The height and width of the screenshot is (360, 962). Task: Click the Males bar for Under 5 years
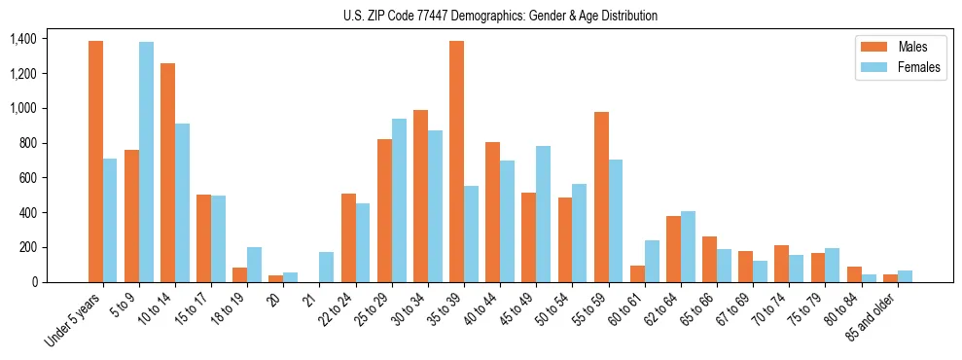(x=95, y=162)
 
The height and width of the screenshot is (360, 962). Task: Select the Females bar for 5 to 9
(x=146, y=162)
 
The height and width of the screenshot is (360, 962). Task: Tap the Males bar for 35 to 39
(x=456, y=162)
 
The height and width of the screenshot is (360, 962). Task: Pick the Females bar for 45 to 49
(x=543, y=214)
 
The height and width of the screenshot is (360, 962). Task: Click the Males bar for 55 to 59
(x=600, y=198)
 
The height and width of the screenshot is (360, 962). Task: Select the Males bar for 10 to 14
(x=167, y=173)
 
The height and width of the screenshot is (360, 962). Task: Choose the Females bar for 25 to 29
(x=399, y=200)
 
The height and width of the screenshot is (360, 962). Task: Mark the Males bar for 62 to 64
(x=672, y=249)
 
